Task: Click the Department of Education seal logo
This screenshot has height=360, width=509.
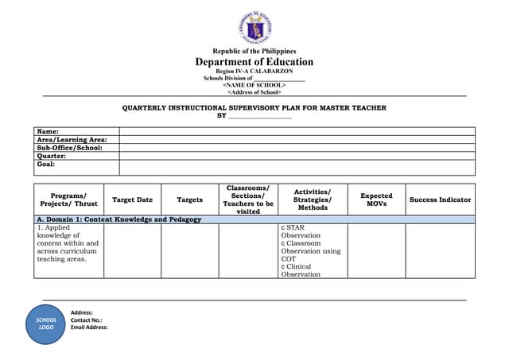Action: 254,28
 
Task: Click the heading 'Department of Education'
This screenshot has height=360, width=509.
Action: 254,62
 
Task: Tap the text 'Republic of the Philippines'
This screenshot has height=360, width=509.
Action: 254,51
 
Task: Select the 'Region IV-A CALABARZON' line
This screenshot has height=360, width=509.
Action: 254,71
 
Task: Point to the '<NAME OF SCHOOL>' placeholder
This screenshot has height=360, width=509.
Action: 254,85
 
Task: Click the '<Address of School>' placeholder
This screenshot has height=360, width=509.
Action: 254,92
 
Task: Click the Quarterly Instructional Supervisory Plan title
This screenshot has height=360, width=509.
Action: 254,107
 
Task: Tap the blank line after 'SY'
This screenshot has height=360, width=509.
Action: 260,116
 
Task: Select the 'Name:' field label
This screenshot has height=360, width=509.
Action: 48,131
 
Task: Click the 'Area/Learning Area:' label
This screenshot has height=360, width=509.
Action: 72,139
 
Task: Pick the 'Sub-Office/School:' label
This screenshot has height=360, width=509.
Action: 69,148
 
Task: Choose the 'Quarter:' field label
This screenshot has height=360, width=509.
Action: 52,156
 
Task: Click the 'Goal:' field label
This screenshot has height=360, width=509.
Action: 46,164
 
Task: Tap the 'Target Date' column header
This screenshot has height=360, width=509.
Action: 132,199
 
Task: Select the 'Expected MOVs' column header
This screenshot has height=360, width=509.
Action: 376,199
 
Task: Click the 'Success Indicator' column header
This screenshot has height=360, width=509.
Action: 440,199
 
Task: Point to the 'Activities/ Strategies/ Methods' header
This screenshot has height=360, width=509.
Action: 313,199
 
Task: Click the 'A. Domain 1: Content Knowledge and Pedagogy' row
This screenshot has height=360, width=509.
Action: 119,219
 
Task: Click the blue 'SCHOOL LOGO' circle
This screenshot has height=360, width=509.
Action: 46,323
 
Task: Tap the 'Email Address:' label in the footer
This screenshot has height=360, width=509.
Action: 89,327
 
